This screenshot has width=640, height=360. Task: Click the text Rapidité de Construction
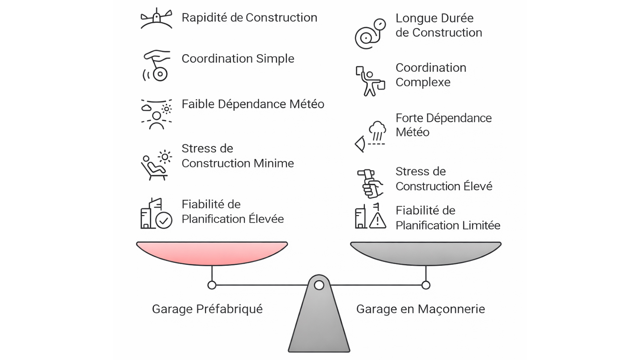pos(249,17)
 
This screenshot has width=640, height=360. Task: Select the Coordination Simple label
pos(237,58)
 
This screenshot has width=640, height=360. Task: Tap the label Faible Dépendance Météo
pos(252,104)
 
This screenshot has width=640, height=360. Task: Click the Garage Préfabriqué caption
pos(207,309)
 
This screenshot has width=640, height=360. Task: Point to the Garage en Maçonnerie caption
pos(420,309)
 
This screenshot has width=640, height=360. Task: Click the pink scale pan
pos(212,252)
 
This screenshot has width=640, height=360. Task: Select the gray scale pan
pos(425,252)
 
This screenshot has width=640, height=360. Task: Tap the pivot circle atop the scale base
pos(319,285)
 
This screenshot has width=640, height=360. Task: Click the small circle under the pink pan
pos(212,285)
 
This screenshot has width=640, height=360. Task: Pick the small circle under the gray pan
pos(426,285)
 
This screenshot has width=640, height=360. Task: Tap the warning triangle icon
pos(377,220)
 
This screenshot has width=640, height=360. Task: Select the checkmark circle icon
pos(164,220)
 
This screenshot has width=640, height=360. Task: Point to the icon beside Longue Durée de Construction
pos(370,33)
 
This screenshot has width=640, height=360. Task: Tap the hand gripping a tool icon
pos(370,183)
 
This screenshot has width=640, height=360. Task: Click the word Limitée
pos(480,225)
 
